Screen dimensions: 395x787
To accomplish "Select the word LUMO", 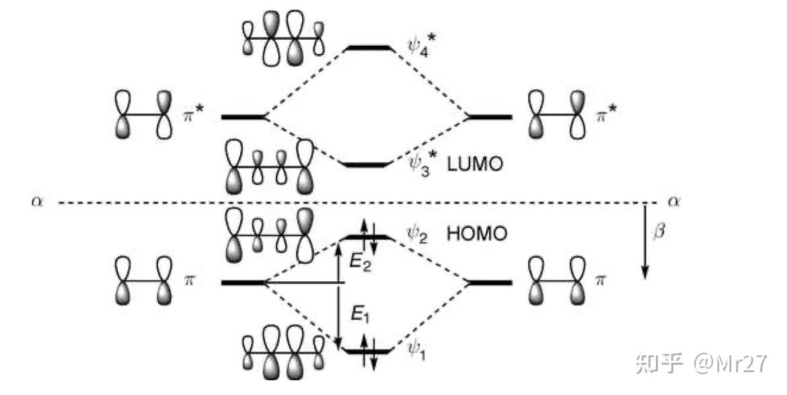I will pyautogui.click(x=477, y=164).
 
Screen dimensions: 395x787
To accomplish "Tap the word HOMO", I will pyautogui.click(x=477, y=234).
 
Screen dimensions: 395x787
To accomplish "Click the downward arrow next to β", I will pyautogui.click(x=644, y=242).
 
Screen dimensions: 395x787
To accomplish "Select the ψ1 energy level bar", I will pyautogui.click(x=367, y=351).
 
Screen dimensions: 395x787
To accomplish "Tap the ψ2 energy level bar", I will pyautogui.click(x=367, y=237).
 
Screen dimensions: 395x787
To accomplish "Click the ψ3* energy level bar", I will pyautogui.click(x=367, y=164).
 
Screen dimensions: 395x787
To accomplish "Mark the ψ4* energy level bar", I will pyautogui.click(x=367, y=48).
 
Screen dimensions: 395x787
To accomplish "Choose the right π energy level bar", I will pyautogui.click(x=490, y=283).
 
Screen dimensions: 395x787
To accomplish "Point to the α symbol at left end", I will pyautogui.click(x=36, y=201).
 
